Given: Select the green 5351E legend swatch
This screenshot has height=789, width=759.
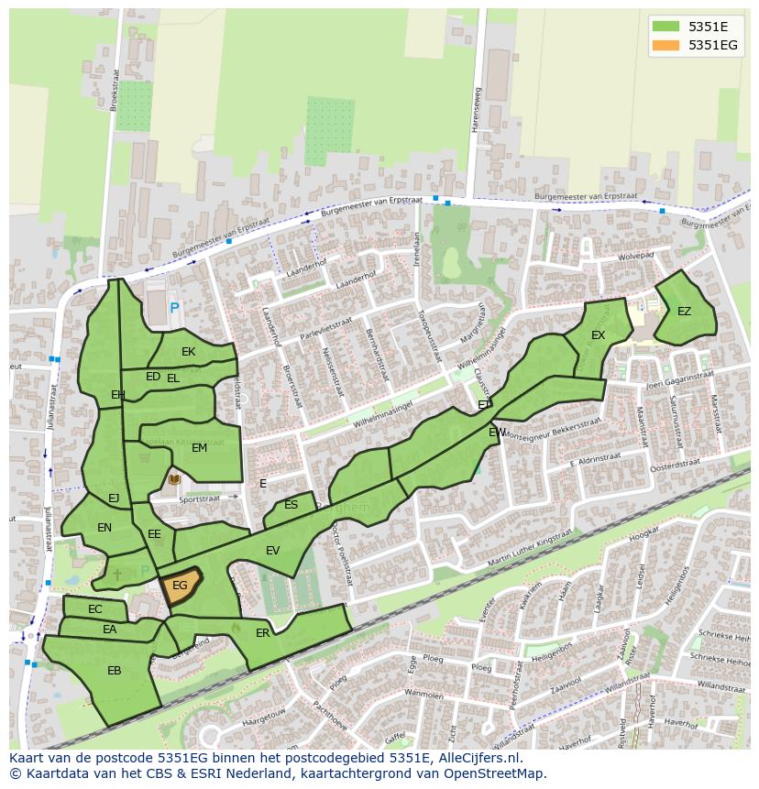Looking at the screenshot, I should [x=665, y=27].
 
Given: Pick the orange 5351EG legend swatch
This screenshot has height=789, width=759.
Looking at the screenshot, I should [x=665, y=45].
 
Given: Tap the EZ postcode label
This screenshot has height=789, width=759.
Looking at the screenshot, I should [x=684, y=312].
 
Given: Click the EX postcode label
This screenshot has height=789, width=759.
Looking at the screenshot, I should [x=598, y=335].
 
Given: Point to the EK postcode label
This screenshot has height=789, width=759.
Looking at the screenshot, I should [x=188, y=352].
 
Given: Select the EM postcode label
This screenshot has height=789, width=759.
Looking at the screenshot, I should [x=199, y=448].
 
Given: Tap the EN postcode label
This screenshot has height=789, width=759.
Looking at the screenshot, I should [x=104, y=528].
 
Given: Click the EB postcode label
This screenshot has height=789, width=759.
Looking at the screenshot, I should [x=114, y=671].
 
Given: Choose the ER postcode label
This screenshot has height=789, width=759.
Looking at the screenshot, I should [x=263, y=633].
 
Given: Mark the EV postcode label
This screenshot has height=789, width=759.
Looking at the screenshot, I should [x=272, y=551].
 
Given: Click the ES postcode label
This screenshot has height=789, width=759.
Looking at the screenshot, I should [x=291, y=505].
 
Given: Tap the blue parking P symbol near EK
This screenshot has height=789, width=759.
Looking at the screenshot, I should [x=175, y=310].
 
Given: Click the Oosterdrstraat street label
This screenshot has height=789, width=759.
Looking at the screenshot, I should [x=675, y=467].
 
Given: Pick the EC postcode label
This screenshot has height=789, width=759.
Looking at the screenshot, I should [x=95, y=609].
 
